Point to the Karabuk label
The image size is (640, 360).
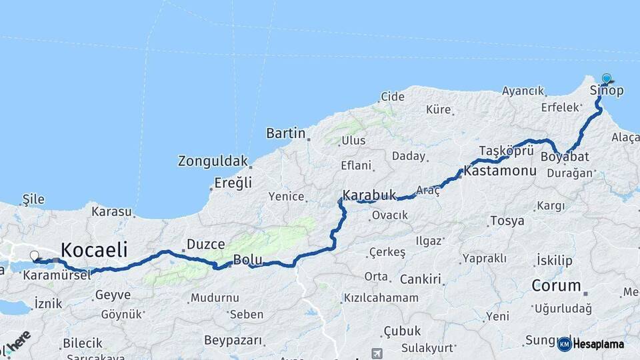(369, 195)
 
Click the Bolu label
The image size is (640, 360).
(247, 259)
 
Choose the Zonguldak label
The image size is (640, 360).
(213, 161)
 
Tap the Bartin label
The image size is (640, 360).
(285, 133)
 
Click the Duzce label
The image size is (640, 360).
(205, 244)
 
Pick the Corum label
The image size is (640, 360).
(556, 286)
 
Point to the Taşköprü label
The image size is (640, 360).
(507, 151)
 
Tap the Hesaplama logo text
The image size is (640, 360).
(598, 344)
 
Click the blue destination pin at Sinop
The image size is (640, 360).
(606, 79)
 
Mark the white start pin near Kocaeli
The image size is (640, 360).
(34, 255)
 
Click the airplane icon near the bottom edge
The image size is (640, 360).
(379, 353)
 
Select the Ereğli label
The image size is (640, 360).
(233, 183)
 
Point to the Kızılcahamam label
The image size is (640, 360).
(381, 297)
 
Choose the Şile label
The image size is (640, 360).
(33, 199)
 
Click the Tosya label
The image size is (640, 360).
(507, 221)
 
